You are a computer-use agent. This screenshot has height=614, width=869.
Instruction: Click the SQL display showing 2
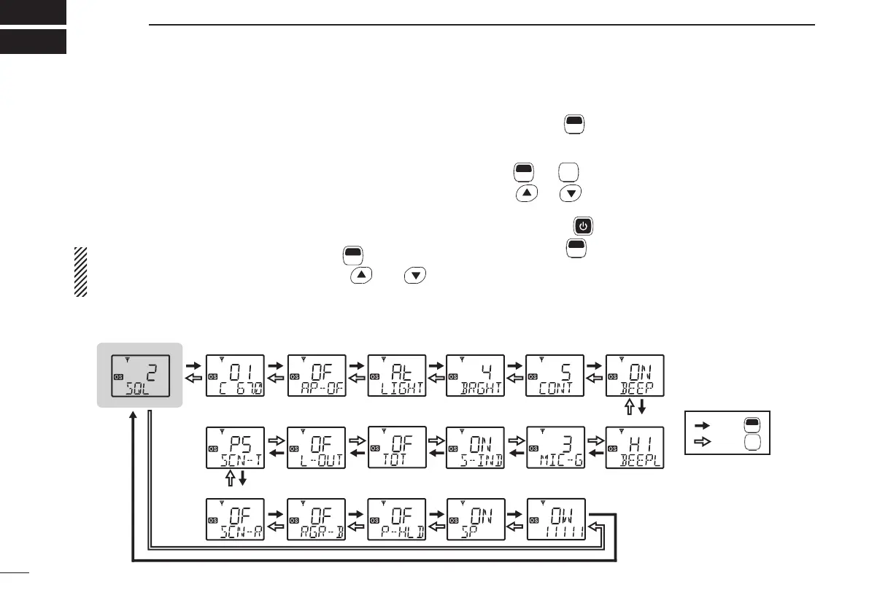142,376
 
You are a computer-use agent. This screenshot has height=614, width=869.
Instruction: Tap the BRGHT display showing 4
475,376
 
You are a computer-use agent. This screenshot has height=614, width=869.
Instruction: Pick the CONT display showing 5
555,376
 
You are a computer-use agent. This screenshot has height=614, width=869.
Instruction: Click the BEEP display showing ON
635,376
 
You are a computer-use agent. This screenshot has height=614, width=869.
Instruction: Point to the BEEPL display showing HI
635,447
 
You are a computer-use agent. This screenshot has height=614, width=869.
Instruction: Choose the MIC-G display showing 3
555,447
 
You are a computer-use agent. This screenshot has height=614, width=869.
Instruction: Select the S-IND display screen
475,447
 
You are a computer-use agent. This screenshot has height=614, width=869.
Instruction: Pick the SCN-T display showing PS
235,447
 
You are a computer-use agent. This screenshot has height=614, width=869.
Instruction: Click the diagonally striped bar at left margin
80,271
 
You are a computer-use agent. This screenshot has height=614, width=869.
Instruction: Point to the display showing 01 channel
235,376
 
